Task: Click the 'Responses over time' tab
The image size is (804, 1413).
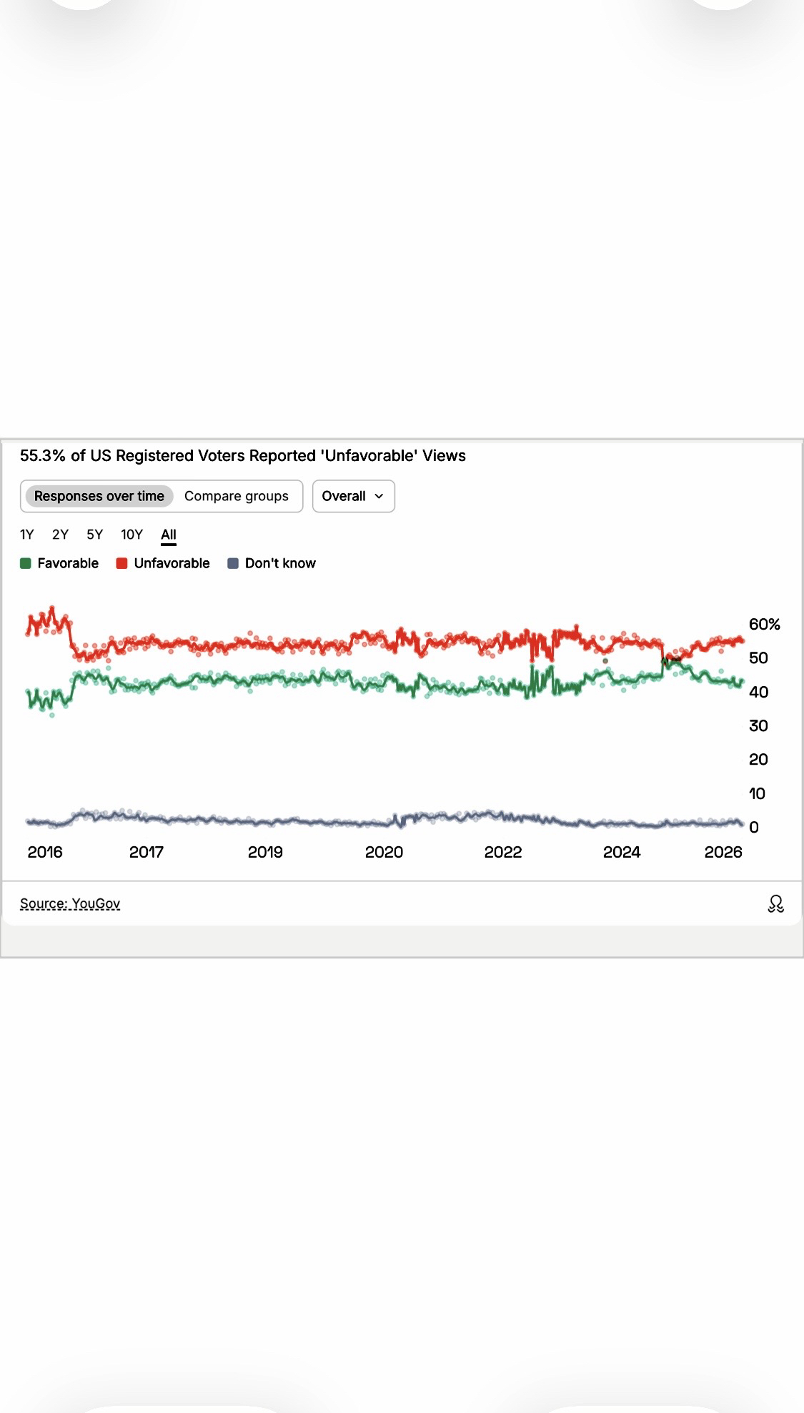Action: coord(99,496)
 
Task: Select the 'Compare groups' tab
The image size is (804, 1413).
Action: coord(237,496)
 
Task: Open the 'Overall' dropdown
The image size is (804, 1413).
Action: coord(353,496)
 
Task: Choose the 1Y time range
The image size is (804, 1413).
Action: coord(27,535)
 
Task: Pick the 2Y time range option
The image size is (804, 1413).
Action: coord(60,535)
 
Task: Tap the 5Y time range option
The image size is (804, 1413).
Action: coord(95,535)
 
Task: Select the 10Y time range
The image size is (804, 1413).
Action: coord(131,535)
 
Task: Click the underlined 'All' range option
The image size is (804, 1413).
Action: coord(169,535)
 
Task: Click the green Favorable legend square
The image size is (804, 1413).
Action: coord(26,563)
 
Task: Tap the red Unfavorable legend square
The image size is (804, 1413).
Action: coord(121,563)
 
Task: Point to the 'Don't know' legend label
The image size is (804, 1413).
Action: coord(280,563)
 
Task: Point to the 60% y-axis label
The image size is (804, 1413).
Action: coord(764,624)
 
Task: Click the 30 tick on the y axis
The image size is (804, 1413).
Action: coord(758,725)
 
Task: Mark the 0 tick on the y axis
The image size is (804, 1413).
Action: coord(754,827)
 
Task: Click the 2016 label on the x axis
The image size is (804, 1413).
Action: coord(45,852)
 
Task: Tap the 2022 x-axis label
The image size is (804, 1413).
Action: coord(503,852)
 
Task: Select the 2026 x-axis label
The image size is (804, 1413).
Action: coord(723,852)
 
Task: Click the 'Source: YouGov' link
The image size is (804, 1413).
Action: coord(70,903)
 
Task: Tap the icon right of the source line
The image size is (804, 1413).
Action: coord(775,904)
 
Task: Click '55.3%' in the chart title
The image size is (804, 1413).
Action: coord(43,456)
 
